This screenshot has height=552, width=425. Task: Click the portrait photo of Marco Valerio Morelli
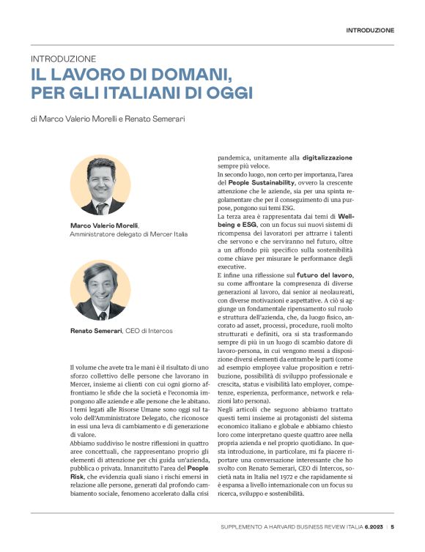(x=100, y=185)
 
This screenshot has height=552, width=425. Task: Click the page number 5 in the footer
(x=392, y=526)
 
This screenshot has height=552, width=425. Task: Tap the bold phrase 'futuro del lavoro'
(x=325, y=275)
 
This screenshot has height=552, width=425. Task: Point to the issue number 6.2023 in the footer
(x=369, y=526)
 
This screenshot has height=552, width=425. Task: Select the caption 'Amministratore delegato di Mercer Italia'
(x=128, y=234)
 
